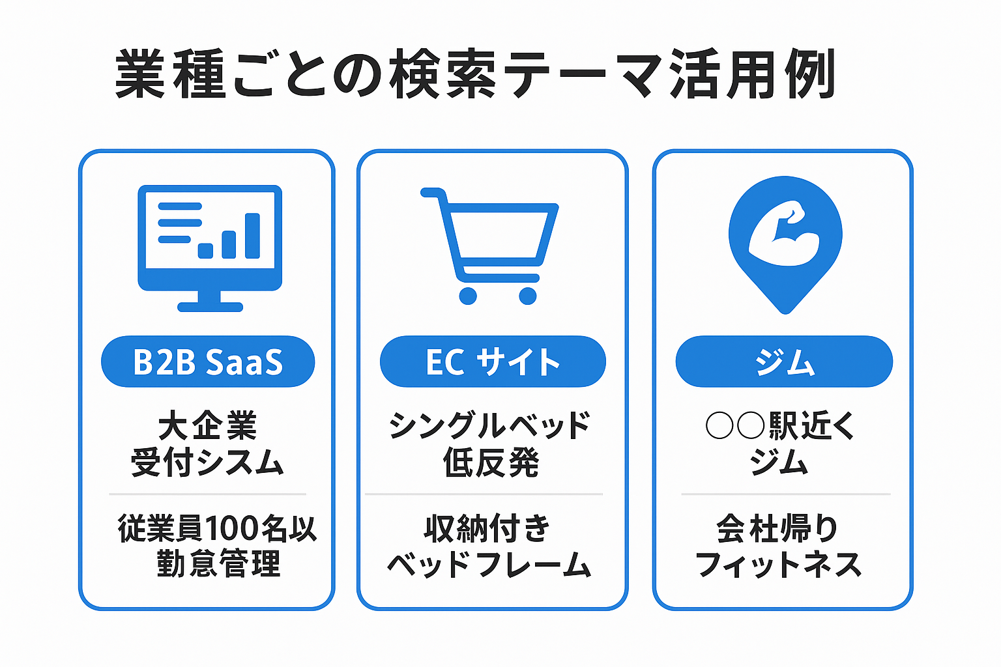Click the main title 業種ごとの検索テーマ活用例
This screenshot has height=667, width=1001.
click(475, 74)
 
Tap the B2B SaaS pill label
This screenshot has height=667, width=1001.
click(208, 362)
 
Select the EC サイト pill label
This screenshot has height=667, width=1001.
click(493, 362)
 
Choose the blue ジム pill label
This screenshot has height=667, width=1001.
click(784, 362)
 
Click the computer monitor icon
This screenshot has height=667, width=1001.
click(210, 248)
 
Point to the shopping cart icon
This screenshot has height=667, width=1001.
click(490, 246)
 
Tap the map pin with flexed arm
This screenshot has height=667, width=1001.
click(785, 245)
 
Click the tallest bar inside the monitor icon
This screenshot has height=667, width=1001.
click(252, 235)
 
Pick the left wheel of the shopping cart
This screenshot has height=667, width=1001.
click(468, 296)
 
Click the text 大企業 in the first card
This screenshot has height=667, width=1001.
click(208, 426)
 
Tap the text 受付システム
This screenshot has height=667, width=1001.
click(207, 462)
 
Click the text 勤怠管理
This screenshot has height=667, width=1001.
click(218, 563)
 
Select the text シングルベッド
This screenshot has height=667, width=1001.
click(490, 426)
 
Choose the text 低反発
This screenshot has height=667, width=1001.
click(491, 462)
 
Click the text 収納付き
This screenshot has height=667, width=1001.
click(487, 528)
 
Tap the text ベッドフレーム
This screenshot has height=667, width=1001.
click(489, 564)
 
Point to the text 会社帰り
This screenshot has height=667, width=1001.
click(778, 528)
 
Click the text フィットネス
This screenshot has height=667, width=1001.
click(779, 564)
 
